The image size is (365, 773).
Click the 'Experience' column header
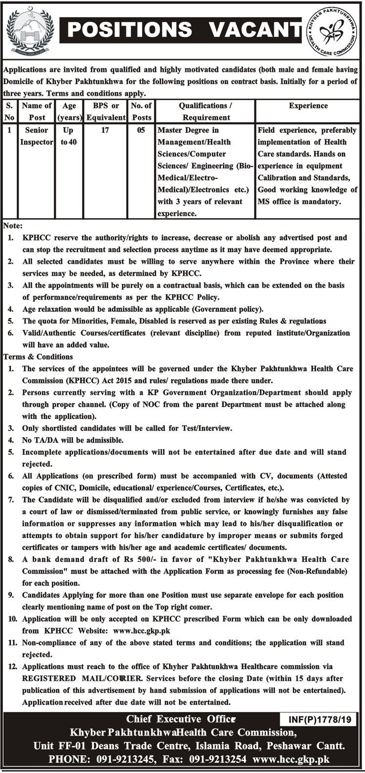point(308,105)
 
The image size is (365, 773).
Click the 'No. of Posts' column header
point(141,111)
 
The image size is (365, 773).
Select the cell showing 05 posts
point(141,131)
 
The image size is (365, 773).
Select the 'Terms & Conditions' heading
point(34,357)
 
